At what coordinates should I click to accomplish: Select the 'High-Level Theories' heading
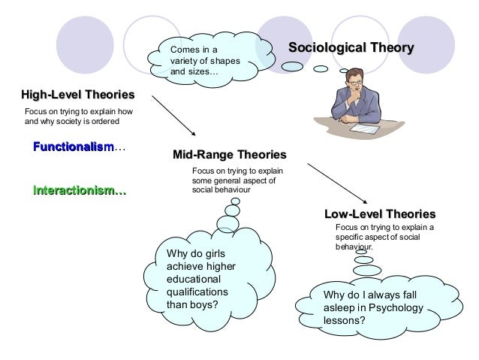tap(78, 95)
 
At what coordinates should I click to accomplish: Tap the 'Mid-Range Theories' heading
tap(230, 156)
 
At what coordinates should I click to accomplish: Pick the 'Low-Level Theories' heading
tap(379, 213)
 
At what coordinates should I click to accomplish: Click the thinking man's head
tap(354, 80)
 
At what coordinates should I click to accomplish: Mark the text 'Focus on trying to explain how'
tap(79, 110)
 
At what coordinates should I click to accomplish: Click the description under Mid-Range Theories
tap(235, 180)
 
